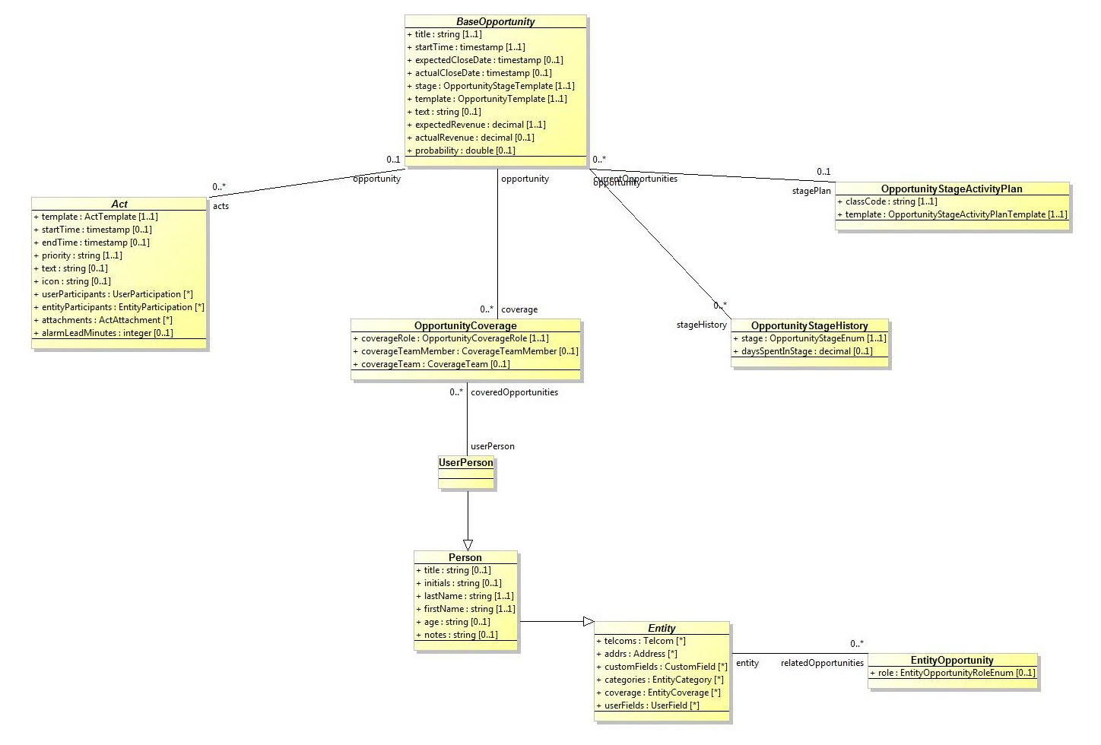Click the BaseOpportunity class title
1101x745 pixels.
point(495,21)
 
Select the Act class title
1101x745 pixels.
point(119,204)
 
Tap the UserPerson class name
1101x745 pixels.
point(466,462)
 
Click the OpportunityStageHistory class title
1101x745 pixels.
point(809,325)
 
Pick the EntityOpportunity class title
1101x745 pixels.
point(952,660)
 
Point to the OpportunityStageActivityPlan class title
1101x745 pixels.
point(951,189)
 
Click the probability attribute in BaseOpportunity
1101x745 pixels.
point(465,151)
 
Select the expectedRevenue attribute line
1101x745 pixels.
point(480,125)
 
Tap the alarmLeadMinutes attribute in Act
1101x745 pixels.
point(107,333)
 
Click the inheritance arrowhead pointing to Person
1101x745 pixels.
point(468,544)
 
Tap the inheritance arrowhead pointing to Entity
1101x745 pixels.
point(588,621)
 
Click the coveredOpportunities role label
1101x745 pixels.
point(514,392)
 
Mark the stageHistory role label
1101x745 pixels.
point(701,325)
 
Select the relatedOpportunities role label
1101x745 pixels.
point(822,663)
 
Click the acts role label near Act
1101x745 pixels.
point(221,206)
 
